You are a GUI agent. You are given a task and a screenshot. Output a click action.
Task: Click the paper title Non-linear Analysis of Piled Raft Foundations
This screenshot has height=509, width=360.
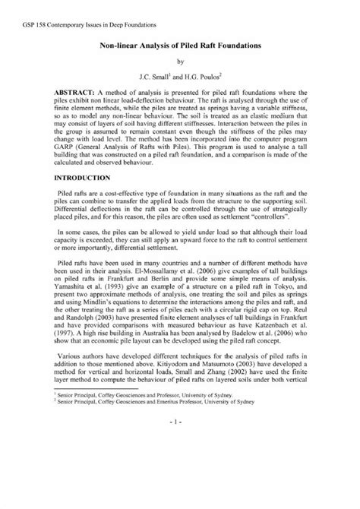180,46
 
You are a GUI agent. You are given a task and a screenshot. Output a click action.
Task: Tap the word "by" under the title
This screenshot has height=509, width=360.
180,63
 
